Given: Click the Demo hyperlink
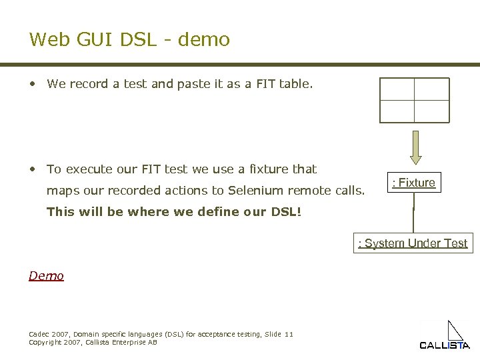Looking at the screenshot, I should [x=46, y=275].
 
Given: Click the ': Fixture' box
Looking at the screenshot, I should [x=414, y=183].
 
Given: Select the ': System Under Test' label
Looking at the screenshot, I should [x=413, y=243].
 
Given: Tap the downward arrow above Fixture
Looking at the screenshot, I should [x=415, y=146].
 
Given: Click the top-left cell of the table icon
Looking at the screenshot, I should [x=397, y=89].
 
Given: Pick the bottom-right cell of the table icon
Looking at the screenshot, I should [x=431, y=111].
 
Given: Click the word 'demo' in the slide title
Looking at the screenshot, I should [x=205, y=40].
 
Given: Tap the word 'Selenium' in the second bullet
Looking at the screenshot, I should [x=255, y=191].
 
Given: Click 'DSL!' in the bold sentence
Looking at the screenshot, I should [x=286, y=213].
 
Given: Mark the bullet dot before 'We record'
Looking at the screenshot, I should [x=33, y=85].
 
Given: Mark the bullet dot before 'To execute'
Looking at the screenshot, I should [x=33, y=169].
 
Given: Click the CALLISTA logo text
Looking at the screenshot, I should [x=444, y=345].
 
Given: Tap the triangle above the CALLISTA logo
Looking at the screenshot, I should [x=455, y=330].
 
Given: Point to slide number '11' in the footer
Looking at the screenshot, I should [x=288, y=333].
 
